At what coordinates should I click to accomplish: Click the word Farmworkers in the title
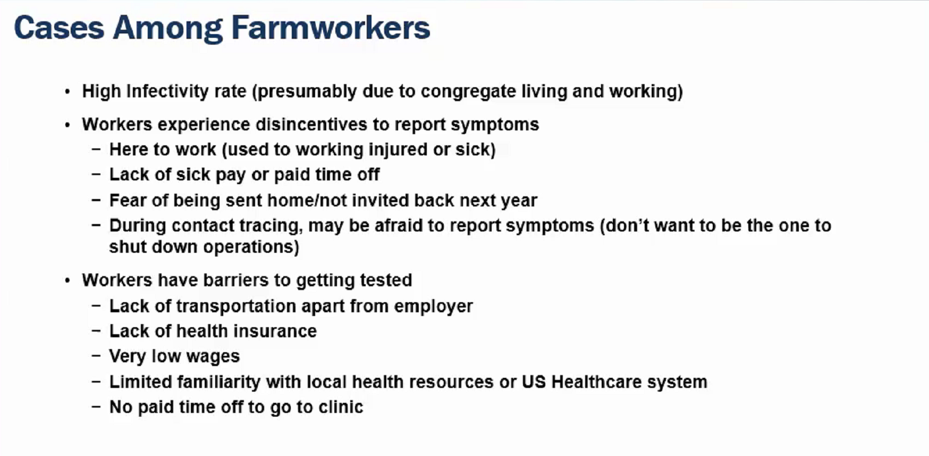(331, 28)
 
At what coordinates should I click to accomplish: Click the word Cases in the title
(59, 28)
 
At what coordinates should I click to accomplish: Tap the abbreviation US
(534, 382)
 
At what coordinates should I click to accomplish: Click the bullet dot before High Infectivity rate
(67, 92)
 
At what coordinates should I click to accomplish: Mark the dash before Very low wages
(96, 355)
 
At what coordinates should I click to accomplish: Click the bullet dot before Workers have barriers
(67, 281)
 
